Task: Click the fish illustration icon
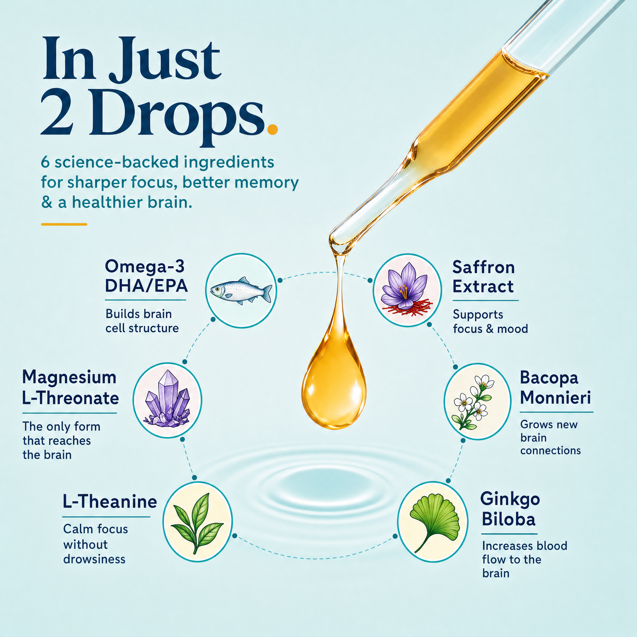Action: (x=241, y=291)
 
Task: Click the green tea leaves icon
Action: (x=197, y=522)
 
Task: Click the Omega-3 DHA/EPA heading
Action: (x=146, y=276)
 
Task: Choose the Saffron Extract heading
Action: (x=483, y=277)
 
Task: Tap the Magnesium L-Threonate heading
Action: (x=70, y=388)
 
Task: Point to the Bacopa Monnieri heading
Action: (x=555, y=388)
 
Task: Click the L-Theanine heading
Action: (x=110, y=502)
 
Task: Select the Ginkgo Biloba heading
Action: (x=510, y=509)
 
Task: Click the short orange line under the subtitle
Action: (x=64, y=224)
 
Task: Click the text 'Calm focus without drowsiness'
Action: (x=95, y=544)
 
